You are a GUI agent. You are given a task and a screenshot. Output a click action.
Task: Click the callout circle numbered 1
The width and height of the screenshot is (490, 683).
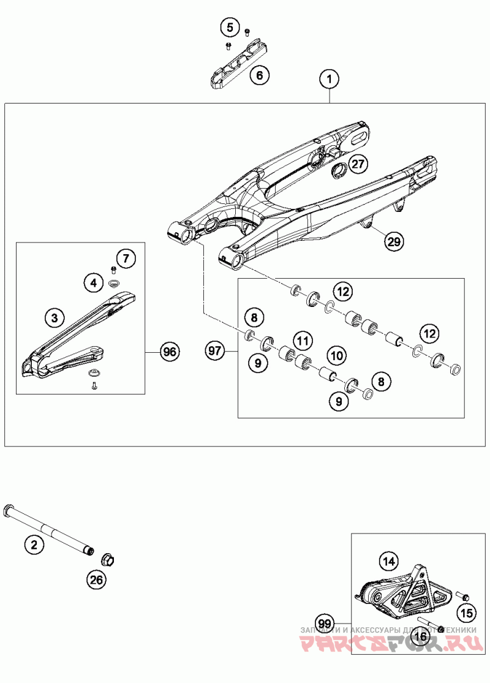coord(329,79)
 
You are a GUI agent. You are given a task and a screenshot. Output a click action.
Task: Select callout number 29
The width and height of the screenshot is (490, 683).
coord(394,241)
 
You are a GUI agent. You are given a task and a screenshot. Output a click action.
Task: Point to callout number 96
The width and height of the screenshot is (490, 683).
coord(169,352)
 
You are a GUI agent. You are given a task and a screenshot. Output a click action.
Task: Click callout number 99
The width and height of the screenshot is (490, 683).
coord(326,625)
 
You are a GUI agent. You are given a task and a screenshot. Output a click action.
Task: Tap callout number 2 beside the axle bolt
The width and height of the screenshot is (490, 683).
coord(34,543)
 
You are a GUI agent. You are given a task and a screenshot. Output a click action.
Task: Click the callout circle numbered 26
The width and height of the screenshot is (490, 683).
coord(96,579)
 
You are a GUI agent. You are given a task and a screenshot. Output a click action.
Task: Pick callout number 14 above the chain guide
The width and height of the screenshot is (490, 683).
coord(387,560)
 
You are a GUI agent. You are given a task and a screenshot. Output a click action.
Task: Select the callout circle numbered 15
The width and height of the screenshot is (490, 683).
coord(467,613)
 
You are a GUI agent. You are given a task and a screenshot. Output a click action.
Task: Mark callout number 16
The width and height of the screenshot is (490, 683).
coord(420,637)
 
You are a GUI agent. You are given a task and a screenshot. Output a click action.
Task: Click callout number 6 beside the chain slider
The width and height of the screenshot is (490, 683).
coord(259,76)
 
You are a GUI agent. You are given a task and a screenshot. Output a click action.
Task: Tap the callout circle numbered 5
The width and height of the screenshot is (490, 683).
coord(230,28)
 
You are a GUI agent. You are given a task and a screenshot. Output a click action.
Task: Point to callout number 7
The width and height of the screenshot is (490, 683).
coord(125,258)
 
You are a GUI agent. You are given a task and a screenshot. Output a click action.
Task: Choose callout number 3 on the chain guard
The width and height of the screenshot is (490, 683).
coord(55,317)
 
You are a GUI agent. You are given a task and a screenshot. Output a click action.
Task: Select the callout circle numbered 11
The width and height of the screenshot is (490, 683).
coord(301,338)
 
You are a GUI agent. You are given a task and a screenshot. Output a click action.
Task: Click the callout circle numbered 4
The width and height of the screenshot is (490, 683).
coord(93,282)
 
